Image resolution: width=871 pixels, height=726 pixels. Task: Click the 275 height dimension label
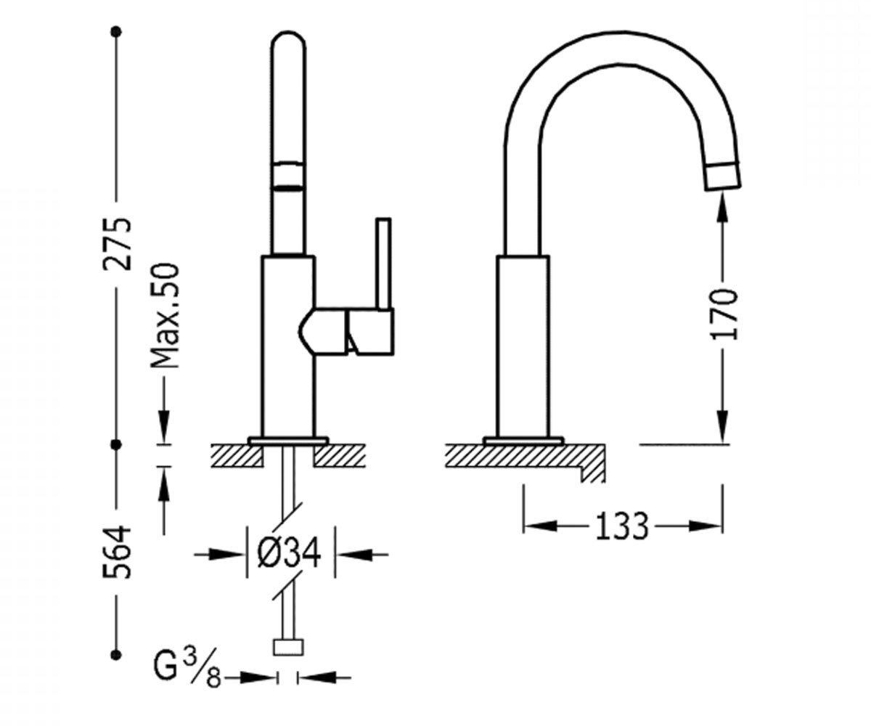click(117, 243)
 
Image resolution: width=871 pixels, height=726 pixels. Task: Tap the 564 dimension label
click(117, 552)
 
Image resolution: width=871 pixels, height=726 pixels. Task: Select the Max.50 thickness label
click(165, 316)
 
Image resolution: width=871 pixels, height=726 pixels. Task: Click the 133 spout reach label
click(622, 526)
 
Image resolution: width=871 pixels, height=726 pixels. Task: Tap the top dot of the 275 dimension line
click(117, 31)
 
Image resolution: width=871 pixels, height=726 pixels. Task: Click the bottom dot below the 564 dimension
click(117, 655)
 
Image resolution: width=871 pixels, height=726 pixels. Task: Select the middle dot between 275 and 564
click(117, 445)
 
